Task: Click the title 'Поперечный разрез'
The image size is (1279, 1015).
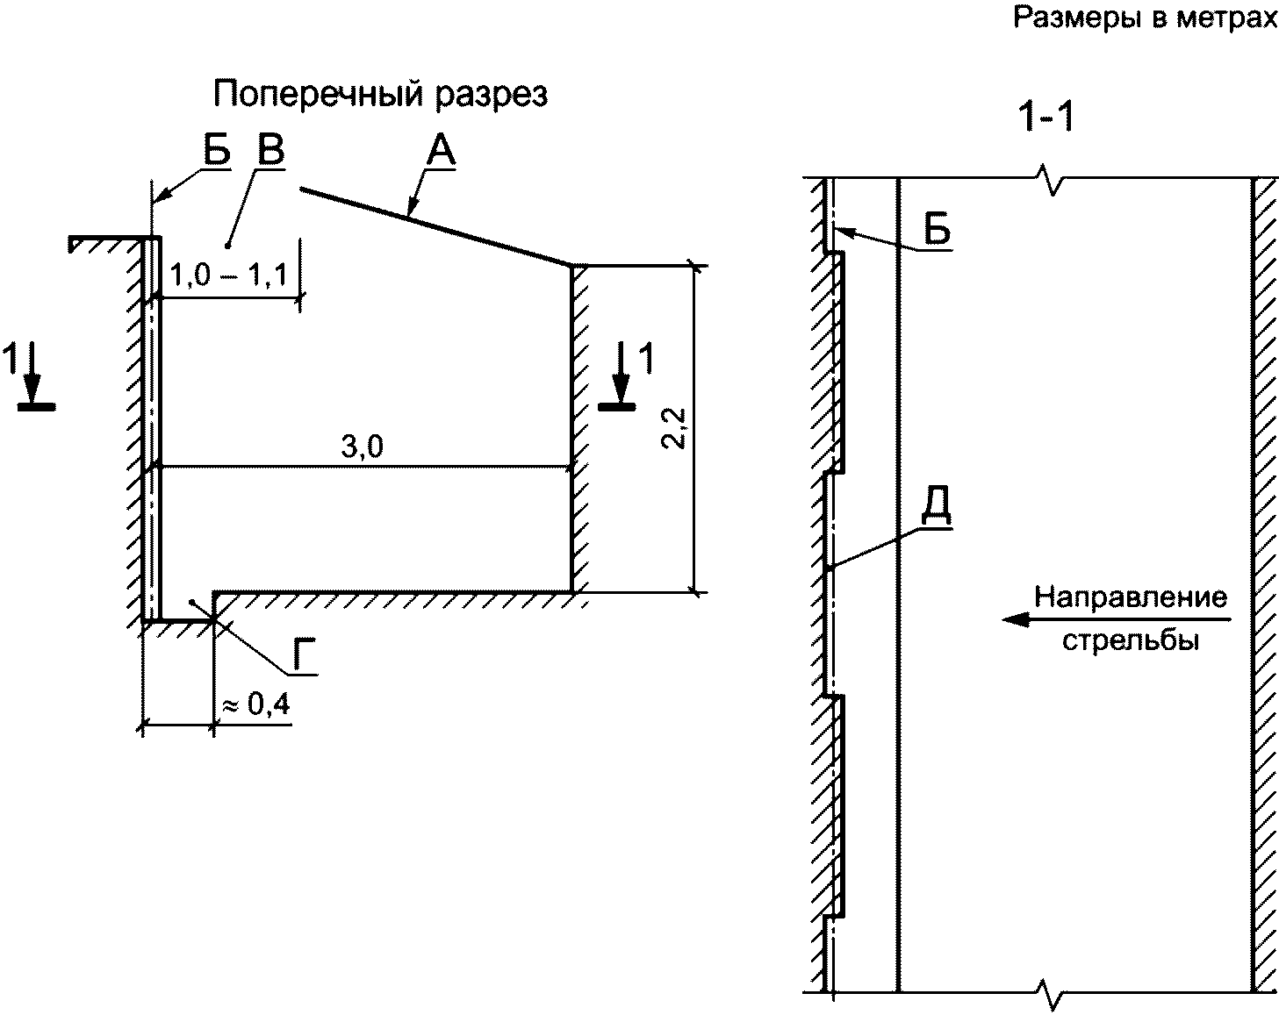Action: (x=380, y=95)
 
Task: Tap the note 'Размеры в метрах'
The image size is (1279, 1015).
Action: (x=1146, y=18)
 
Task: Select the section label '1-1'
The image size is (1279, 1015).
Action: (x=1046, y=117)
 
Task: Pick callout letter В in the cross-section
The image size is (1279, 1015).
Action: (x=271, y=149)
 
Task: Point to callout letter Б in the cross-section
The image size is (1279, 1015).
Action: (x=217, y=149)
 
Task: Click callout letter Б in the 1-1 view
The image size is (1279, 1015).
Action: (x=938, y=229)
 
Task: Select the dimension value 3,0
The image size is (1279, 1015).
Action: (x=362, y=447)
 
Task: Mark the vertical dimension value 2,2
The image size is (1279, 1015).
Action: (x=674, y=428)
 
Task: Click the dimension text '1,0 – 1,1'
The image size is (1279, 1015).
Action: (x=228, y=275)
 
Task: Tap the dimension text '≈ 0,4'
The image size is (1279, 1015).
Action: (x=256, y=705)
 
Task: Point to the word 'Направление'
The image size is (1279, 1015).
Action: (x=1131, y=597)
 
